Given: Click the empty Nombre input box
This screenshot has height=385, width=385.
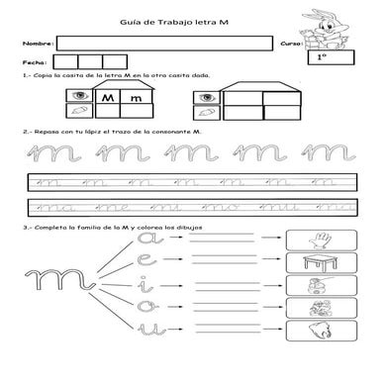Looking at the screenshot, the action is click(x=162, y=44).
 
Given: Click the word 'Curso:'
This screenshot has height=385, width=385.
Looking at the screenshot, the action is click(x=291, y=45).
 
